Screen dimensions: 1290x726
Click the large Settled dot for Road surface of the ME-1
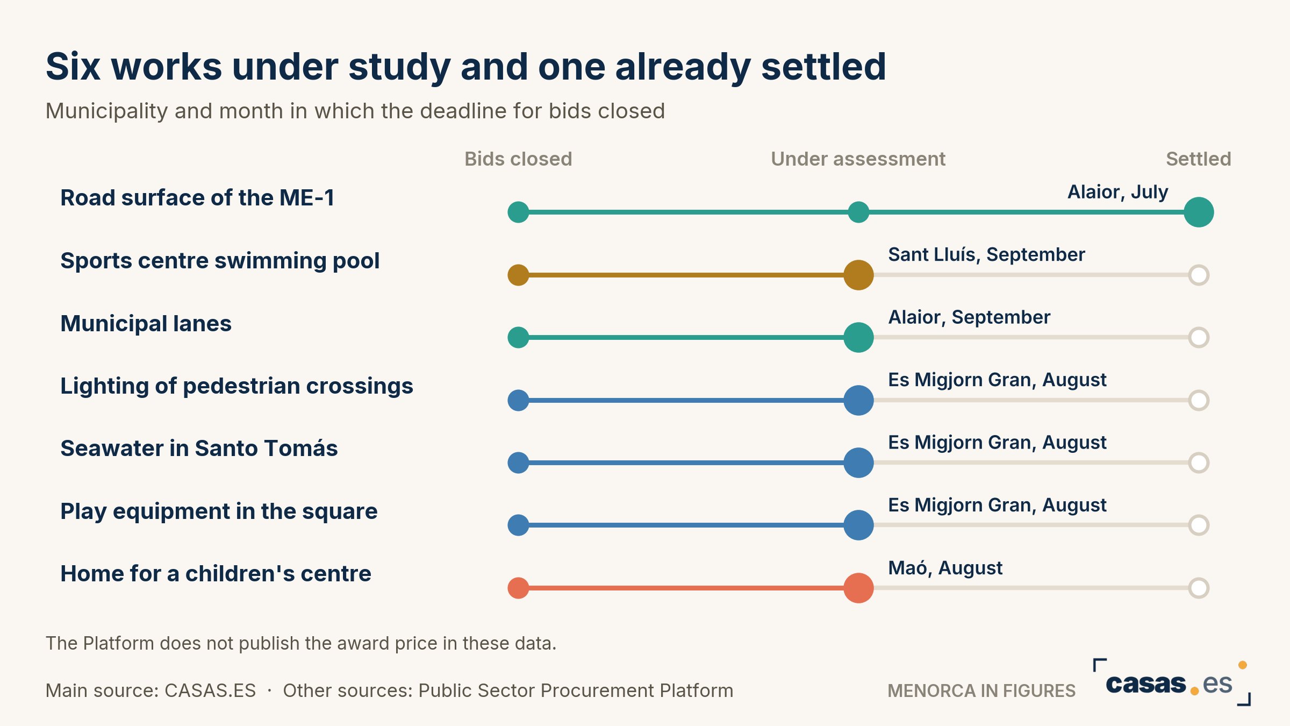1199,212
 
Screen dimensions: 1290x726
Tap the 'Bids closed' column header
518,159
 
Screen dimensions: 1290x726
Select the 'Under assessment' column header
858,159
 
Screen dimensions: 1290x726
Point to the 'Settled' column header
1199,159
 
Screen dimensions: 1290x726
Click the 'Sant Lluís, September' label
986,254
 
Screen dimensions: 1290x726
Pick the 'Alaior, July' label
1117,192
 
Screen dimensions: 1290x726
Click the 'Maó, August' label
945,568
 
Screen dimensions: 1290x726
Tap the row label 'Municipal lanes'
146,323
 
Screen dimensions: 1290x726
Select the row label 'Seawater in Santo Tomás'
199,448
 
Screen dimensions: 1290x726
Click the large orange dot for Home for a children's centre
858,588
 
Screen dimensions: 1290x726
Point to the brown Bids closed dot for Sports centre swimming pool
518,275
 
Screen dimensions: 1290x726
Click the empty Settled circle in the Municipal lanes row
1199,338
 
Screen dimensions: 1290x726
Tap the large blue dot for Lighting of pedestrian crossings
858,400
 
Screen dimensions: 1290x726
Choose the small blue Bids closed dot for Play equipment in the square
518,525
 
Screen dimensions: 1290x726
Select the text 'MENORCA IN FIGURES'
981,691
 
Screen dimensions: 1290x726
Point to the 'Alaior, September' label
969,317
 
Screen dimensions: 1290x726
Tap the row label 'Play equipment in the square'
219,511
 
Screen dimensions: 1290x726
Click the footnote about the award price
301,643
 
